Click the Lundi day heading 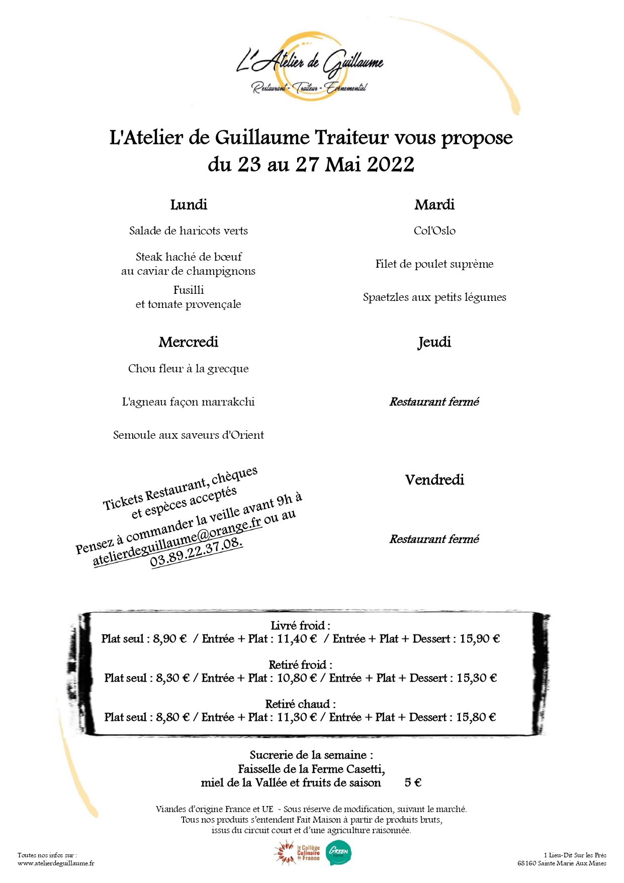click(189, 205)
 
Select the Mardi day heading click(434, 205)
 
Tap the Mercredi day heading click(189, 342)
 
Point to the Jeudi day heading click(434, 342)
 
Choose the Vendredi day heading click(434, 479)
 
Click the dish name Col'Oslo click(434, 231)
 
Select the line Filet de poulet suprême click(434, 264)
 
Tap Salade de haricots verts click(189, 231)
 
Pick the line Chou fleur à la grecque click(189, 369)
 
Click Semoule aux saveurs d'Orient click(189, 435)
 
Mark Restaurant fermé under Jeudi click(434, 402)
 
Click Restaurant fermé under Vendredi click(434, 539)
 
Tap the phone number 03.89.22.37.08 click(197, 552)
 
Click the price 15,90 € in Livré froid click(480, 639)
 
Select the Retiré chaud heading click(300, 704)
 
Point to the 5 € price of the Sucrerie click(413, 783)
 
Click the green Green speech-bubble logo click(339, 853)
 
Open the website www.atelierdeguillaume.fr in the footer click(56, 863)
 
